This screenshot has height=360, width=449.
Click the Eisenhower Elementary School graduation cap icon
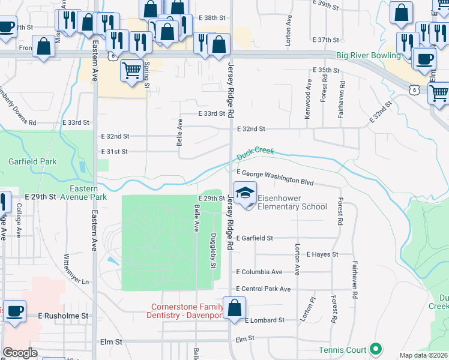click(245, 193)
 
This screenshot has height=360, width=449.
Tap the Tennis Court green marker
click(376, 348)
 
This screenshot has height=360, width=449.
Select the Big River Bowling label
click(368, 56)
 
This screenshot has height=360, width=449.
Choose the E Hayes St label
click(322, 254)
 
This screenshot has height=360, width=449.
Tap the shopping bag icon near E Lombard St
click(234, 308)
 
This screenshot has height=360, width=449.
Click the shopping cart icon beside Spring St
click(131, 70)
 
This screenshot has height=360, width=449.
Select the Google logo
click(20, 353)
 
